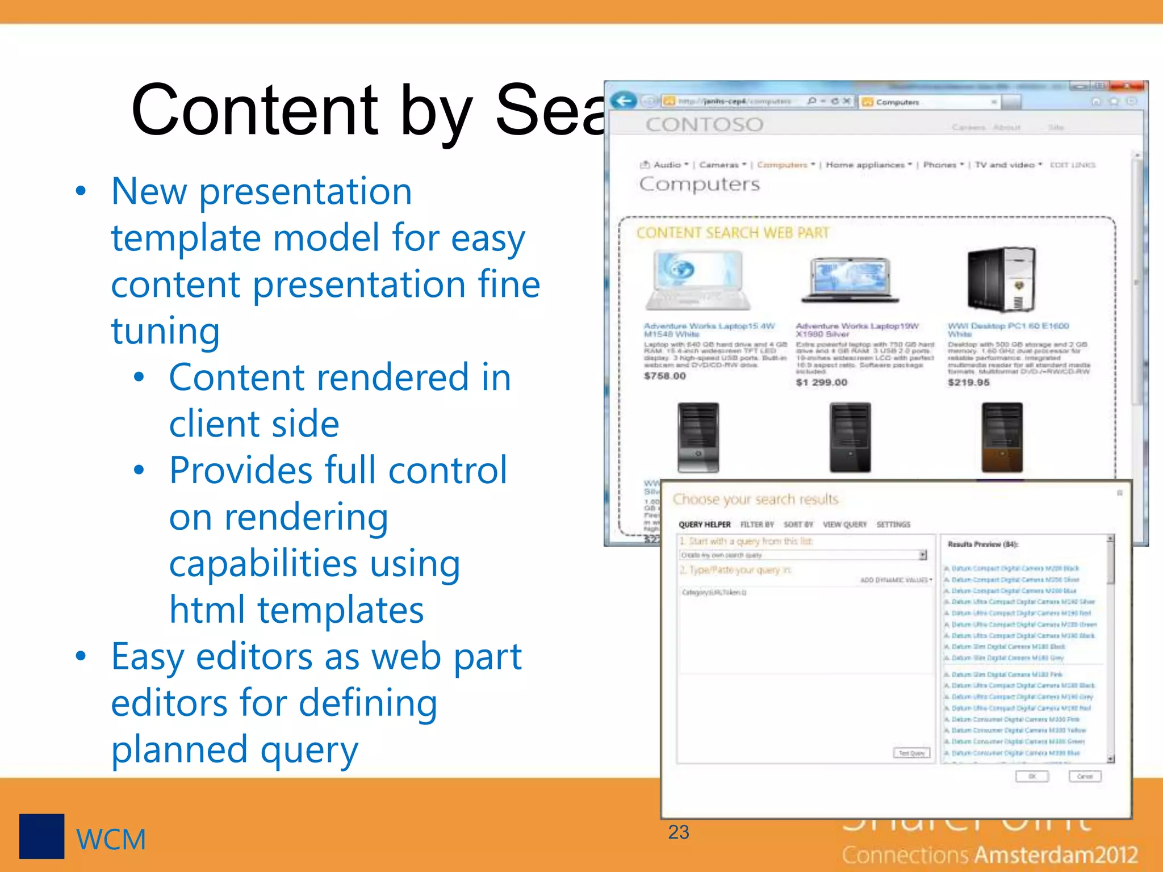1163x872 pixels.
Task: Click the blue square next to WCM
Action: (x=41, y=836)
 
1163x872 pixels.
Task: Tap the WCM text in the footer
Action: (x=111, y=840)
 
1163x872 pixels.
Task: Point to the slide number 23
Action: (x=679, y=832)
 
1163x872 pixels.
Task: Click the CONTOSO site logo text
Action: (x=704, y=124)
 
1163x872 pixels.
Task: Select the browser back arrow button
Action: (x=624, y=101)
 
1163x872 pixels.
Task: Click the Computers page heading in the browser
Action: (x=699, y=184)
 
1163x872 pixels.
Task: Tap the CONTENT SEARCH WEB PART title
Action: (x=733, y=233)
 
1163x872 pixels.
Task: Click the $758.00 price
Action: (x=664, y=376)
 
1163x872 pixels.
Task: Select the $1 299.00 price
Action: (x=821, y=383)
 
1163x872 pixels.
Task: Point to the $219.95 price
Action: (x=968, y=383)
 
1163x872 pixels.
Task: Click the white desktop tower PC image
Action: (x=1002, y=279)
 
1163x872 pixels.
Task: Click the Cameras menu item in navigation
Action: (x=719, y=165)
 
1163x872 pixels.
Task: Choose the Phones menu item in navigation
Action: (x=940, y=165)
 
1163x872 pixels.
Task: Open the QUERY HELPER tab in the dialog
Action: (x=704, y=525)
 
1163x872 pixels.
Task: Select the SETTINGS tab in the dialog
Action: (x=893, y=525)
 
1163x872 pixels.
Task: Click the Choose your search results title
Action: (x=755, y=499)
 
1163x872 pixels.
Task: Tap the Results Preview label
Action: (x=982, y=544)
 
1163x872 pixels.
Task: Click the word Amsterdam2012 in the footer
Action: (x=1057, y=855)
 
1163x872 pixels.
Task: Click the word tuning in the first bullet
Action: (x=165, y=330)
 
